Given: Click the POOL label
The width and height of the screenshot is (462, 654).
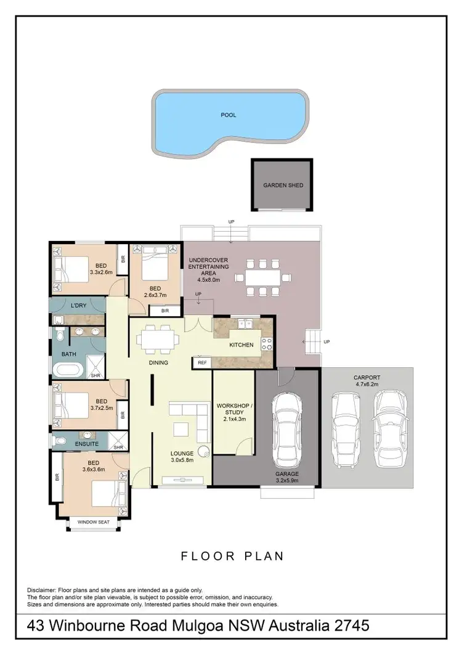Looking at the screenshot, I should point(229,115).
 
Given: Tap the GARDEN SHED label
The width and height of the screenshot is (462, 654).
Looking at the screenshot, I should point(283,185).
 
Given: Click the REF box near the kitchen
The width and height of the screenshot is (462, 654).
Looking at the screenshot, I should point(201,363).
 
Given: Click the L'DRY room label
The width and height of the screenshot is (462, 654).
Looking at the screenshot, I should point(78,306).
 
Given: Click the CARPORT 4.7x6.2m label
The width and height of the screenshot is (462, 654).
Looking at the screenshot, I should point(367,380).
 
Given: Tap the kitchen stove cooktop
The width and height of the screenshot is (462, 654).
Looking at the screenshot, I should point(267,345).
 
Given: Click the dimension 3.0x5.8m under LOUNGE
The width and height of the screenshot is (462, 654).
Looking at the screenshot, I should point(182,460).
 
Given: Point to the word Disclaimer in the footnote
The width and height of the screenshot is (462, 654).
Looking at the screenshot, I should point(43,590).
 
